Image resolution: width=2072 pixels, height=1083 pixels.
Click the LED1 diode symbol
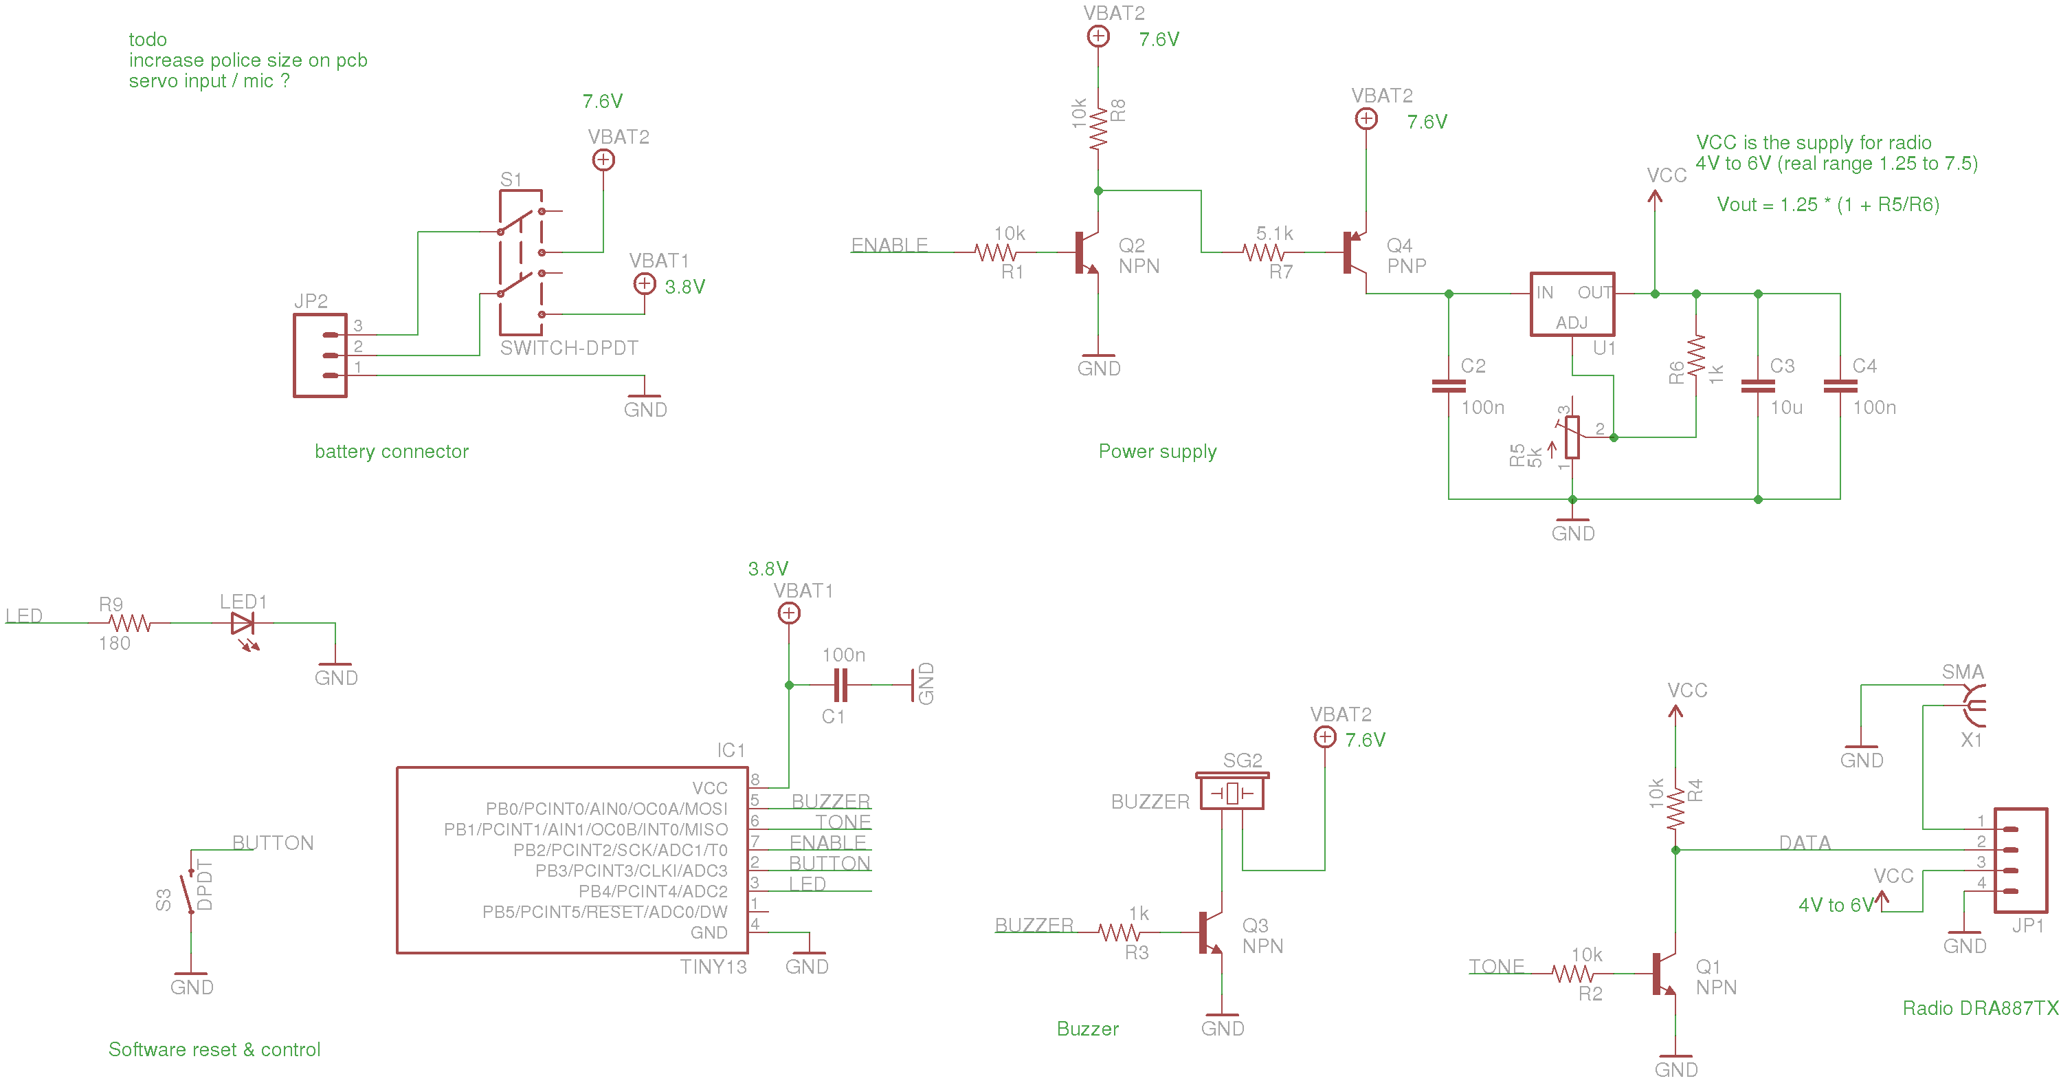pyautogui.click(x=242, y=624)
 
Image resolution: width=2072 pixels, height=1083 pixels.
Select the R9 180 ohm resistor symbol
pyautogui.click(x=129, y=624)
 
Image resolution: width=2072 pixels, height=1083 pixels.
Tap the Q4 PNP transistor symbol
pyautogui.click(x=1355, y=252)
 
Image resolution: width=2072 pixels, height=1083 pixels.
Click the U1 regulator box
pyautogui.click(x=1572, y=305)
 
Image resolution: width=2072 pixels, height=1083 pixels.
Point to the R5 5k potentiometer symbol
pyautogui.click(x=1572, y=437)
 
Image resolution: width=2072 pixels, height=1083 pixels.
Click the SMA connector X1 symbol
pyautogui.click(x=1972, y=705)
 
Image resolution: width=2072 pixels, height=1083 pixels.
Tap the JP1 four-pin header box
pyautogui.click(x=2020, y=860)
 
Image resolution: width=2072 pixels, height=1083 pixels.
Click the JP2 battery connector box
pyautogui.click(x=320, y=355)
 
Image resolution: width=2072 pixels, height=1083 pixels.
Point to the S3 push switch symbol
pyautogui.click(x=190, y=893)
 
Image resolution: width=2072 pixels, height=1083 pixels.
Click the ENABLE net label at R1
pyautogui.click(x=889, y=245)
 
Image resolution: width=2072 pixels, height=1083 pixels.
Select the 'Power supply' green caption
pyautogui.click(x=1157, y=451)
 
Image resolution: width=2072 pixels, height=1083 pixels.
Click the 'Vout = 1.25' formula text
pyautogui.click(x=1827, y=204)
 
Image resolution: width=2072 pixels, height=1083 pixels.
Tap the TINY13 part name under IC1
pyautogui.click(x=713, y=966)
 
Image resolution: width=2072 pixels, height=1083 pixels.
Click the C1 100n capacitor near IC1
pyautogui.click(x=840, y=685)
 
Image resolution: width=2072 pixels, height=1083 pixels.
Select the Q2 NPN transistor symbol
pyautogui.click(x=1087, y=252)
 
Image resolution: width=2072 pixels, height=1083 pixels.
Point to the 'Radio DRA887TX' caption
pyautogui.click(x=1979, y=1008)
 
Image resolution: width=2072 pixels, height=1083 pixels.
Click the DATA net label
pyautogui.click(x=1804, y=842)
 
